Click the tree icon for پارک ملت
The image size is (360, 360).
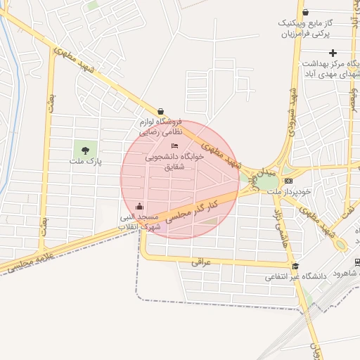click(85, 149)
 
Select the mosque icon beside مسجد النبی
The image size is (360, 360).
click(139, 207)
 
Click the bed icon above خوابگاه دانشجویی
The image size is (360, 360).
click(174, 146)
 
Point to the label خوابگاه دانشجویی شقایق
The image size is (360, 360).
click(174, 162)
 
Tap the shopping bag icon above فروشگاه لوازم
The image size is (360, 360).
click(161, 110)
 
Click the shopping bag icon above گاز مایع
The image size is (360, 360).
click(304, 12)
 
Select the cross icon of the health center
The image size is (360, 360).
click(333, 53)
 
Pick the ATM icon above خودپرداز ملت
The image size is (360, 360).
click(288, 181)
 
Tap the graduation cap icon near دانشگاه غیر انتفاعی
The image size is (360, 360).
click(295, 266)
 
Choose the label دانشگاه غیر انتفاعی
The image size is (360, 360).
click(295, 277)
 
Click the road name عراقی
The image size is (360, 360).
click(201, 262)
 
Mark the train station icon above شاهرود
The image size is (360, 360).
click(357, 262)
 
